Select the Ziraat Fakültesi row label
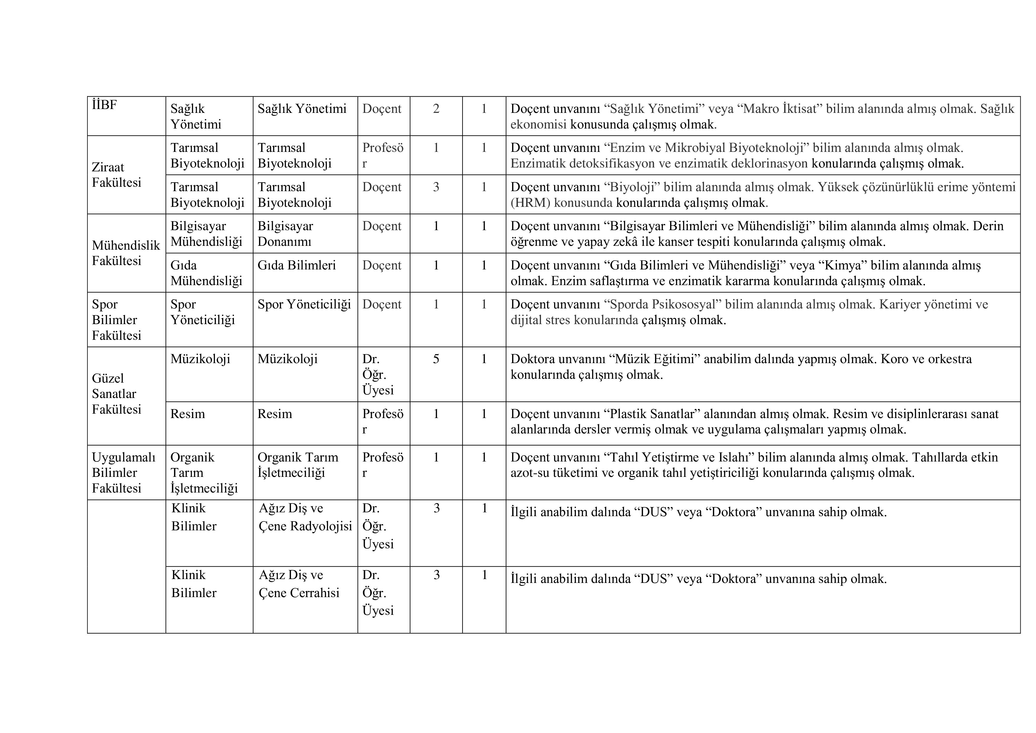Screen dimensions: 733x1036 pos(116,175)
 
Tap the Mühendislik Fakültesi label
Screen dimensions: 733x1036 pos(126,253)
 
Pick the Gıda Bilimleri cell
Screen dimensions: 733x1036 pos(297,265)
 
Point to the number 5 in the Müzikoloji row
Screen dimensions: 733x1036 pos(436,359)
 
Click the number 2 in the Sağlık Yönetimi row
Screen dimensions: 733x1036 pos(436,109)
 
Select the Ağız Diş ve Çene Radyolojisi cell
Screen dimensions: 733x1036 pos(305,517)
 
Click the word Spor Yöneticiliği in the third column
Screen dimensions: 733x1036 pos(304,304)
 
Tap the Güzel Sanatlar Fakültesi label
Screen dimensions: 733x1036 pos(116,394)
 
